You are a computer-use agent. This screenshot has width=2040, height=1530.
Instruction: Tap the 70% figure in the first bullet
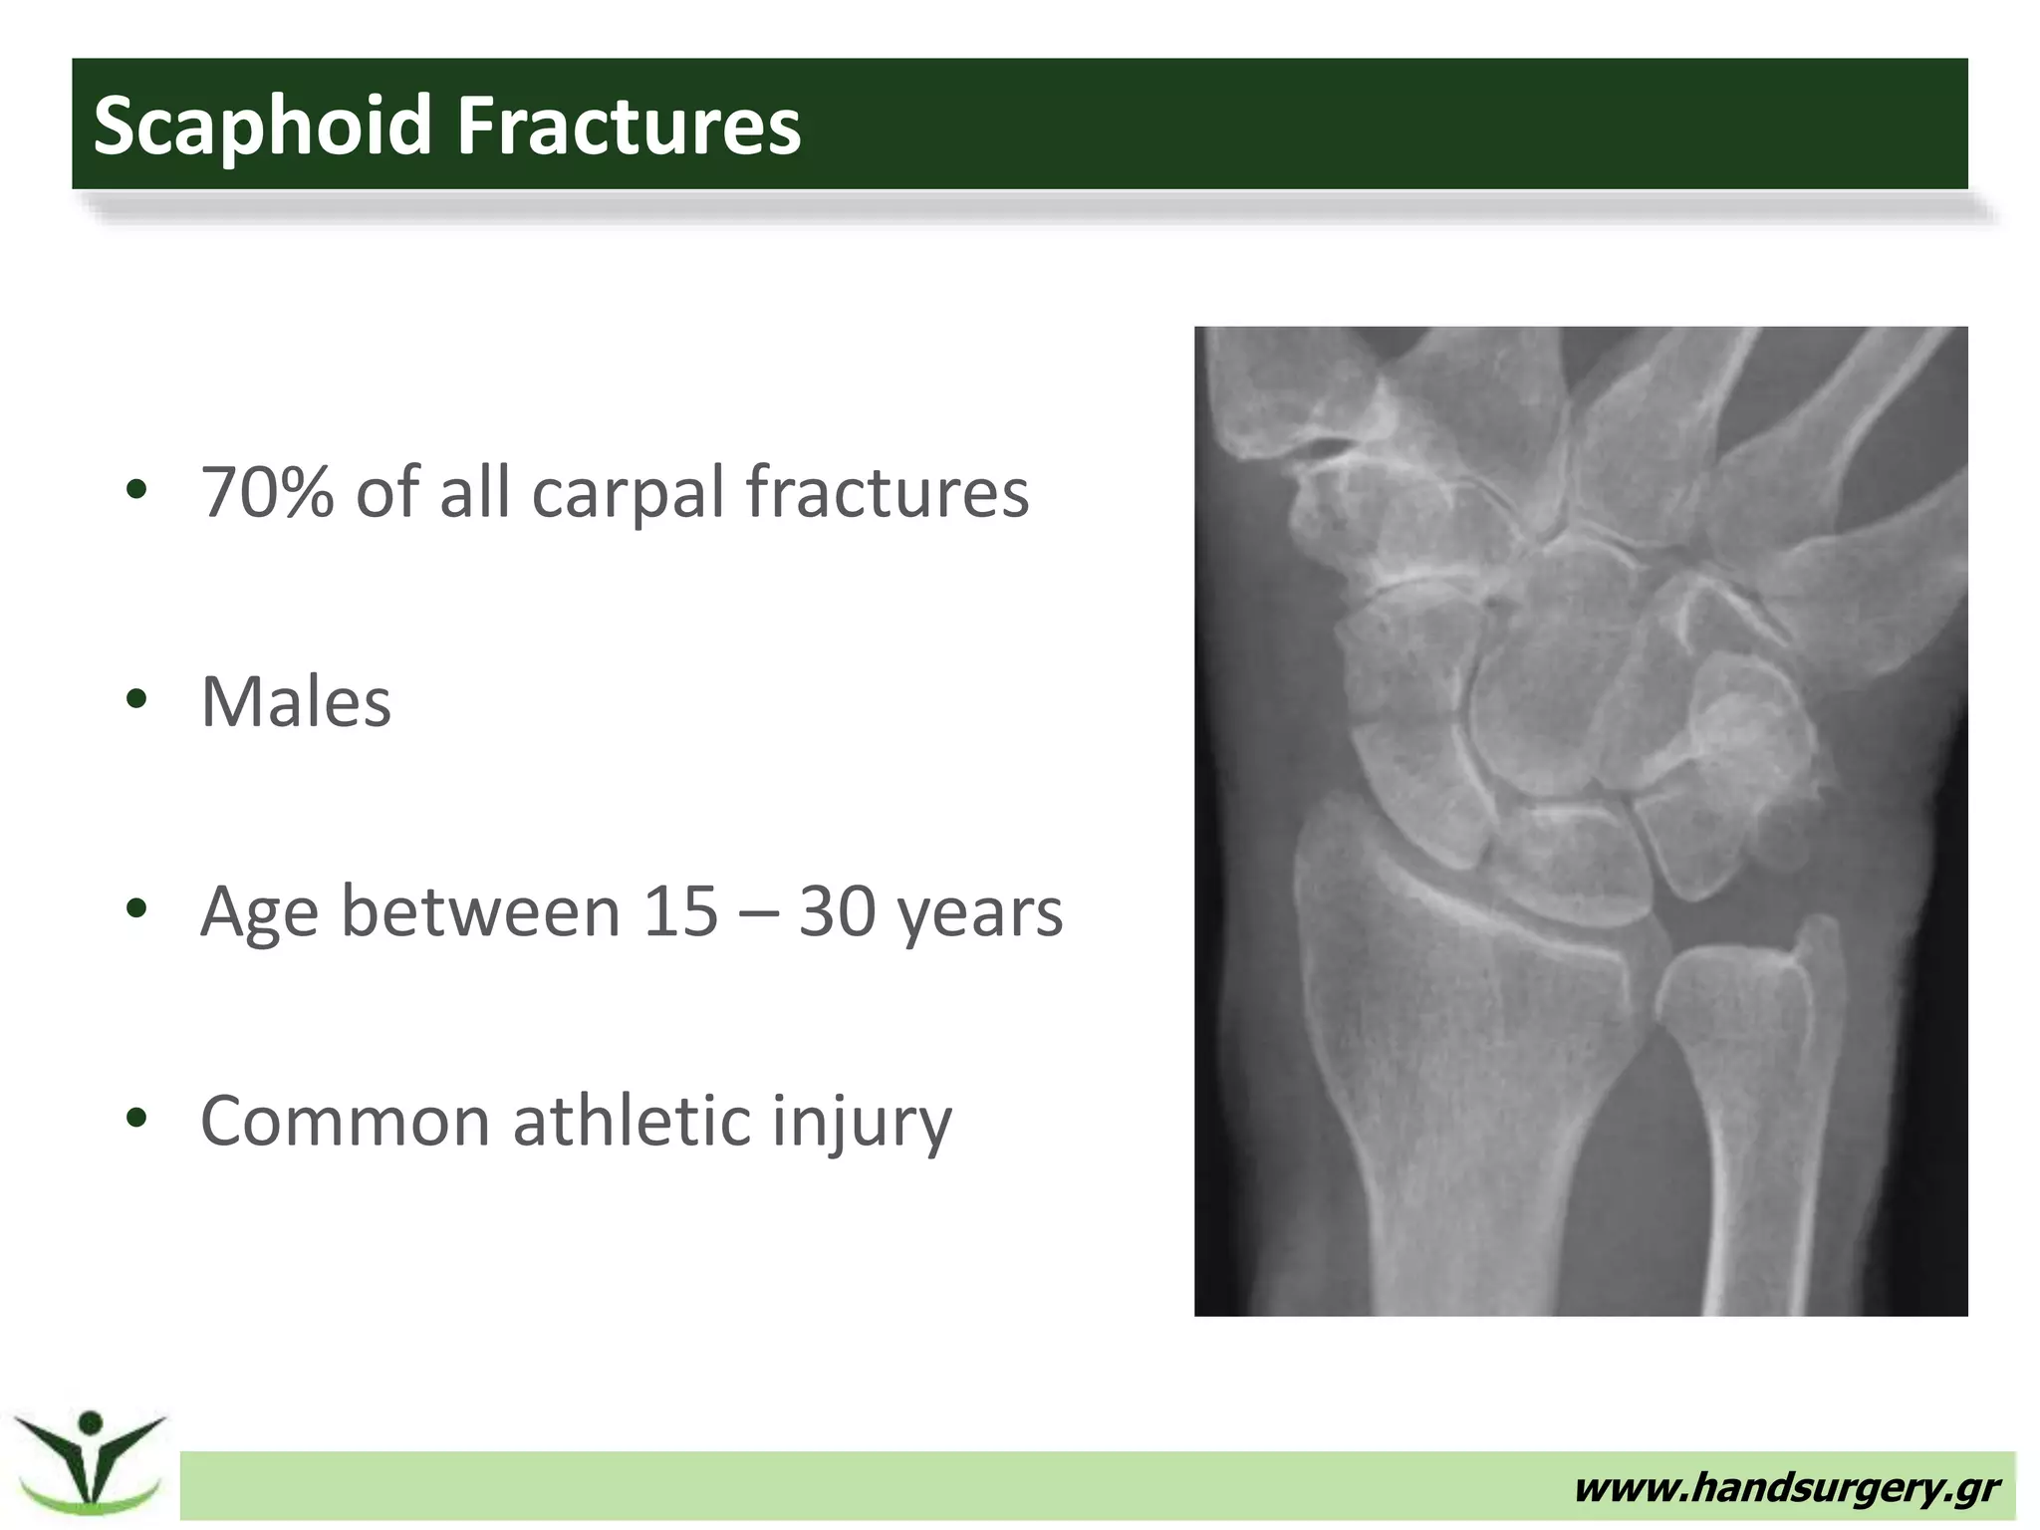pos(266,492)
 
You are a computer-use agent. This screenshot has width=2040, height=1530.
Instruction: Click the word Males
pos(296,702)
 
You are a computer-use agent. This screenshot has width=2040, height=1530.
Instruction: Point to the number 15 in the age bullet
pos(680,911)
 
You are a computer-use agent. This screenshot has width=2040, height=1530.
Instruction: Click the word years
pos(980,914)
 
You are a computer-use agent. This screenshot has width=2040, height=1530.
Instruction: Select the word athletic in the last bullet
pos(632,1121)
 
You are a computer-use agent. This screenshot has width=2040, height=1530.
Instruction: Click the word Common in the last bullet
pos(345,1122)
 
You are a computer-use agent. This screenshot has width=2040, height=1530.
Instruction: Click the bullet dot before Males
pos(136,699)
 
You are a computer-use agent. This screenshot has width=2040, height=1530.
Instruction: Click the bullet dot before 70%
pos(136,489)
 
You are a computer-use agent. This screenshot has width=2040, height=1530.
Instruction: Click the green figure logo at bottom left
pos(90,1460)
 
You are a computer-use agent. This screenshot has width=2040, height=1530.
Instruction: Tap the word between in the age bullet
pos(481,911)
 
